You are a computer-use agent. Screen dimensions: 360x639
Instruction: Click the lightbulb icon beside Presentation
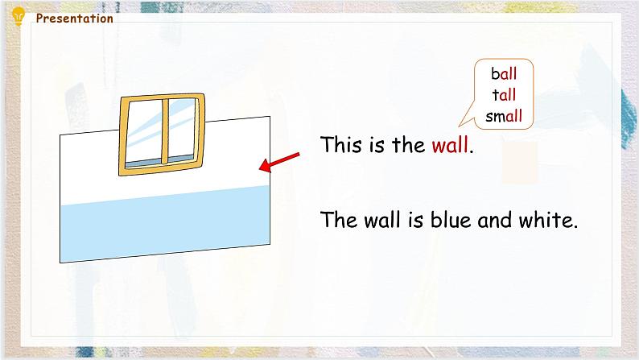click(x=19, y=15)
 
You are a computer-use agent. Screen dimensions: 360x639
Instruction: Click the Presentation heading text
click(x=75, y=19)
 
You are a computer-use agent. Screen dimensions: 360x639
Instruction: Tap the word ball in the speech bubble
click(x=504, y=74)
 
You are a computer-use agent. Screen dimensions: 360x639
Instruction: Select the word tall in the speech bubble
click(x=504, y=95)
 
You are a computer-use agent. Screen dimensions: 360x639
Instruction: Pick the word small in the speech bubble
click(x=504, y=116)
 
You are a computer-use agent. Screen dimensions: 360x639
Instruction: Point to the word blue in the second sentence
click(x=448, y=220)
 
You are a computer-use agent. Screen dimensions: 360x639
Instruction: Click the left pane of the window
click(x=143, y=133)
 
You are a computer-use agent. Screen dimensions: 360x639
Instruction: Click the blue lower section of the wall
click(x=161, y=226)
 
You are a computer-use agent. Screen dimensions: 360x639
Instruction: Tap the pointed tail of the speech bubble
click(x=465, y=122)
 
